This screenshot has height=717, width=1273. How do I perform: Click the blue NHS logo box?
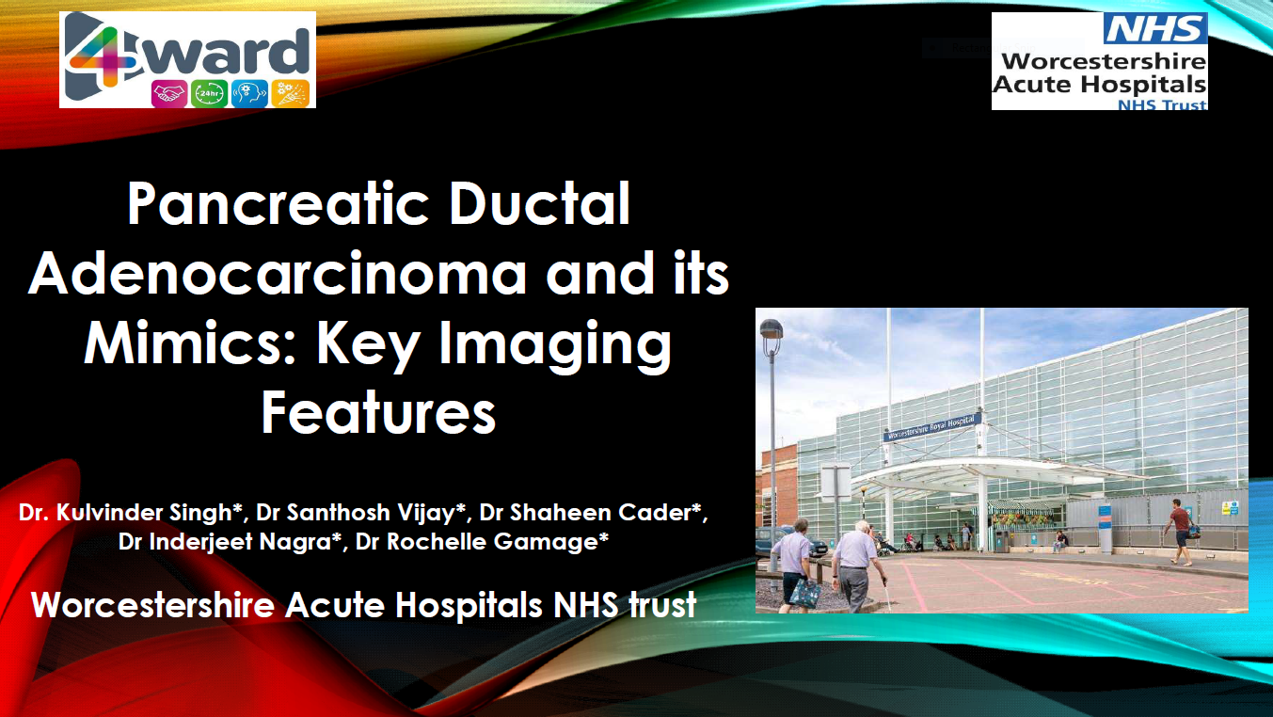(1154, 28)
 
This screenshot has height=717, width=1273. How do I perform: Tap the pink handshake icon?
(168, 94)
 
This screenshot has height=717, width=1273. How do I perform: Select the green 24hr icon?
(209, 94)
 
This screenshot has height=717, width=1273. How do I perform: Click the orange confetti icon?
(291, 94)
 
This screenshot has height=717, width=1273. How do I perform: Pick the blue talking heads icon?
(249, 94)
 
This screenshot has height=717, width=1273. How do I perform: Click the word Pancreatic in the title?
(278, 203)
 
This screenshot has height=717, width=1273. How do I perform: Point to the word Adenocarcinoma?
(278, 273)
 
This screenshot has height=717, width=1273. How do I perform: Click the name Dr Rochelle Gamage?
(482, 541)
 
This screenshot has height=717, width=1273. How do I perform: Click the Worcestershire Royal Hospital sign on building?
(932, 427)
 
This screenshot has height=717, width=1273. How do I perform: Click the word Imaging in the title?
(555, 345)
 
